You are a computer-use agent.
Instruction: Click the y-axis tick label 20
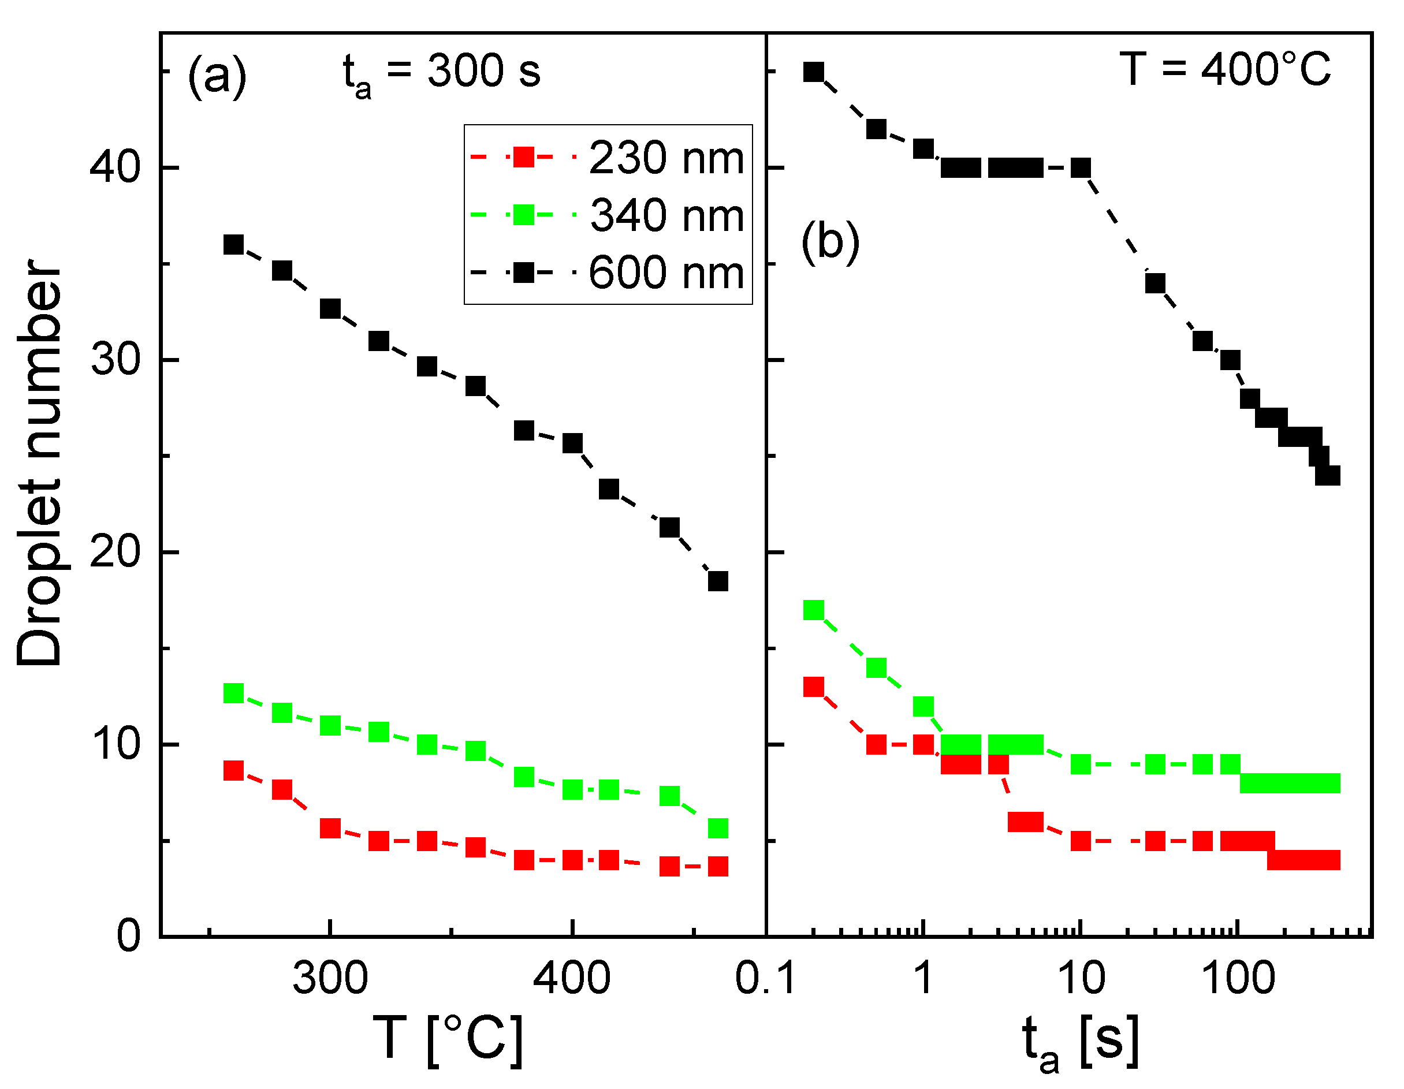click(x=114, y=552)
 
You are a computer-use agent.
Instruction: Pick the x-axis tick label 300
click(x=330, y=979)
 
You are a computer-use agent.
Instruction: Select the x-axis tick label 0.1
click(x=765, y=979)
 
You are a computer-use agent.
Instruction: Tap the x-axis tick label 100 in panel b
click(x=1238, y=979)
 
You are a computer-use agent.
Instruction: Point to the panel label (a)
click(x=217, y=76)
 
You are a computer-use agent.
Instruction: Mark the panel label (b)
click(x=830, y=241)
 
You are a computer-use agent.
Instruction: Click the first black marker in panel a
click(x=233, y=244)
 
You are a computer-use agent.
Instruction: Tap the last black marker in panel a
click(x=717, y=581)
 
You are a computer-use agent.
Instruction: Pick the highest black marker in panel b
click(x=814, y=72)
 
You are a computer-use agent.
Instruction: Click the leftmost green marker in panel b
click(x=814, y=609)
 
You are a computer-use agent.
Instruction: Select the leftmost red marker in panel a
click(x=233, y=770)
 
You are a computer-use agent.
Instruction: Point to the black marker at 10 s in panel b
click(x=1081, y=169)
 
